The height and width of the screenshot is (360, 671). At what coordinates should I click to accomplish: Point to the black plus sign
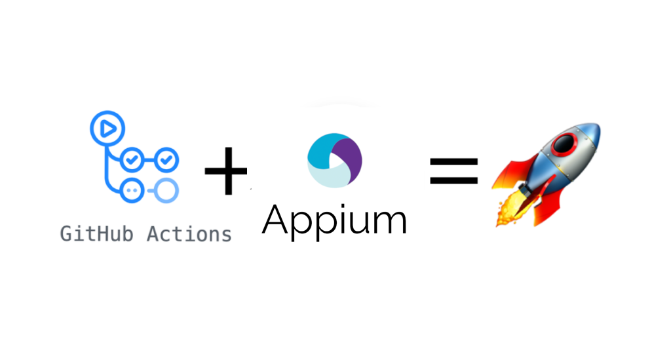225,172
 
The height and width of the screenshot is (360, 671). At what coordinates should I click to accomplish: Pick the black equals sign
453,171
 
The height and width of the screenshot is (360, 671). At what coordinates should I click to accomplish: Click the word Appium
334,221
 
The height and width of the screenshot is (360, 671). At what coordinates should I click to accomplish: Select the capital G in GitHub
66,233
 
